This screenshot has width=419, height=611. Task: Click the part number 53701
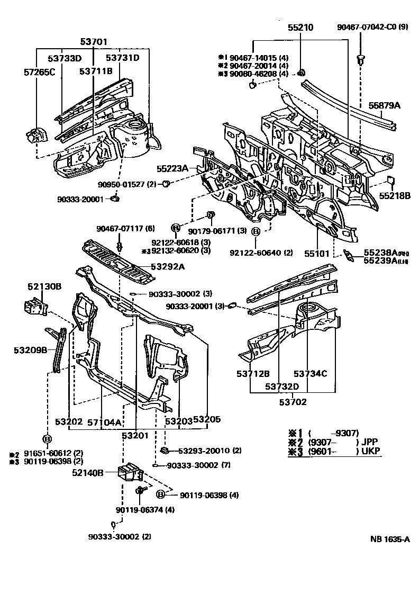(94, 41)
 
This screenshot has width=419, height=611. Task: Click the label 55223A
(172, 168)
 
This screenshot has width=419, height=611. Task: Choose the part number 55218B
(394, 195)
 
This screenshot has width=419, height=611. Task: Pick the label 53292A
(168, 267)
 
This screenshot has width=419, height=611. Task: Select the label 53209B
(31, 349)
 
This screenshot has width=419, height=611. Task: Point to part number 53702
(293, 402)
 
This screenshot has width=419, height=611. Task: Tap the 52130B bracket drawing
(34, 307)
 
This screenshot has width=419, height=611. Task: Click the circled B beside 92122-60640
(255, 231)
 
